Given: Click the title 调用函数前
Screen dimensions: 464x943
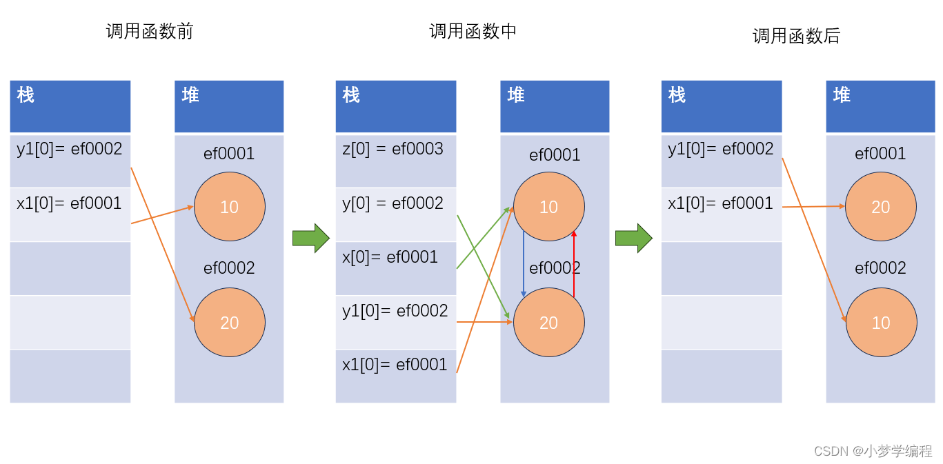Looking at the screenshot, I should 150,31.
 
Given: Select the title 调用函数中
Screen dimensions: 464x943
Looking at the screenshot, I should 473,31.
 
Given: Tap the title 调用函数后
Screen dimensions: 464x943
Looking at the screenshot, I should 796,36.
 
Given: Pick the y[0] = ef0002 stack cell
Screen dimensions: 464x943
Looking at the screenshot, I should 395,214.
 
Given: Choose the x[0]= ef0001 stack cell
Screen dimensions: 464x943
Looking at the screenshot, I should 395,268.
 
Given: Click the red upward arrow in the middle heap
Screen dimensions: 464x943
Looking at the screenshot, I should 574,265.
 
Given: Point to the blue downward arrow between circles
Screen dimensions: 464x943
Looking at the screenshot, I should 524,265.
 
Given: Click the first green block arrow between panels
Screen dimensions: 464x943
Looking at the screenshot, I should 310,238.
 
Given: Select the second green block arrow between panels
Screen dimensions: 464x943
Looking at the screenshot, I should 633,238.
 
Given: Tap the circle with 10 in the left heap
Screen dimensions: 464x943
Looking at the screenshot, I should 230,207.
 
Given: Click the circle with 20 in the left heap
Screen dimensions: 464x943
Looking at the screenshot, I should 230,322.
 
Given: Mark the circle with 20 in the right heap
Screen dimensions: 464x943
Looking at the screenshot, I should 881,207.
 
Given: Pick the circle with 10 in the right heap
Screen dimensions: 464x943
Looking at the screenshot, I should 881,322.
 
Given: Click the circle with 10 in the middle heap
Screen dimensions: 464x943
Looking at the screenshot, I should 549,207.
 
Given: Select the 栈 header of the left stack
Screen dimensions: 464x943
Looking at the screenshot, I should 70,106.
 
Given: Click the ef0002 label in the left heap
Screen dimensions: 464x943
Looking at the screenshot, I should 229,268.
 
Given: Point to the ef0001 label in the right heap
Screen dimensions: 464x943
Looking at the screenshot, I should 880,154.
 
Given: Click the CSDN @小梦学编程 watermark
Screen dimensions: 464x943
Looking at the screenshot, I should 873,451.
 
